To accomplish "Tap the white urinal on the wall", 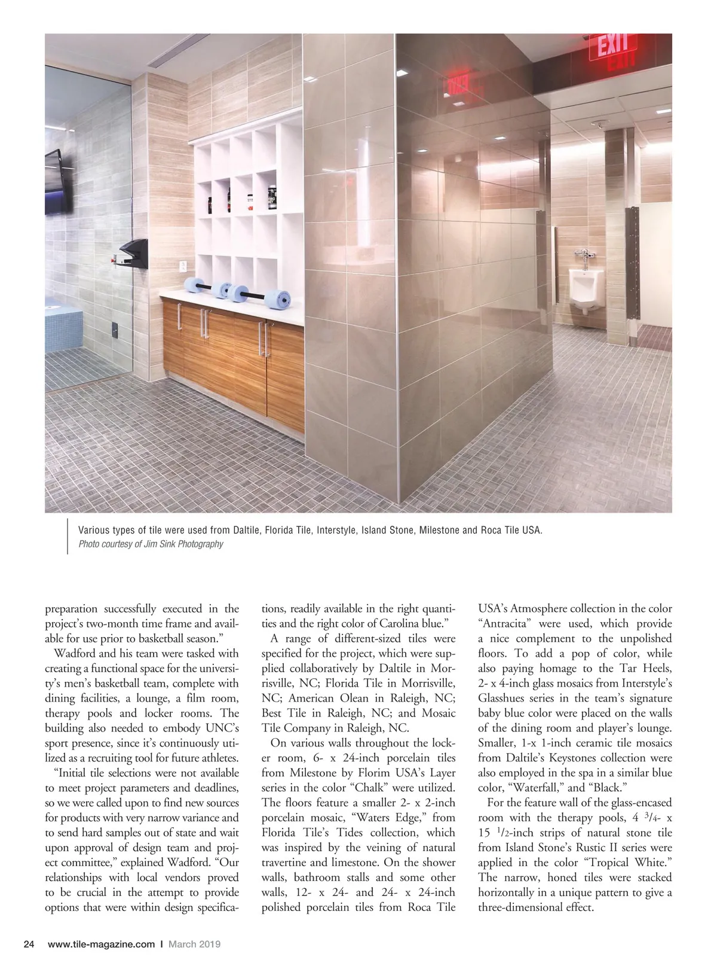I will [583, 289].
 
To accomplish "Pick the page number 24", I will [28, 944].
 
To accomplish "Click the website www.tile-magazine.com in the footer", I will [101, 944].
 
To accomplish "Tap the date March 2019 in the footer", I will [194, 944].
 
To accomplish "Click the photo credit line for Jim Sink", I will [151, 544].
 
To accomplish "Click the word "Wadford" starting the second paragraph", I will [75, 653].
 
